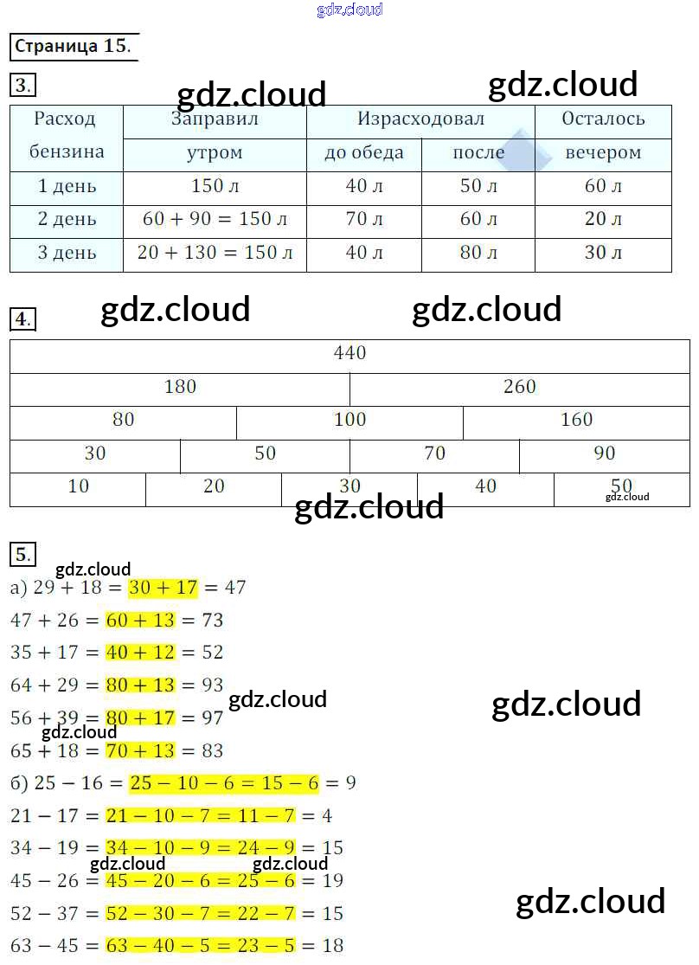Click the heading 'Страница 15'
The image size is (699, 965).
74,46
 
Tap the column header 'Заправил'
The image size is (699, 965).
215,119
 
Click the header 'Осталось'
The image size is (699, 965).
603,119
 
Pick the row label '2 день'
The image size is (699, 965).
67,219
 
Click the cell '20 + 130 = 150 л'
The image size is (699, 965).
215,253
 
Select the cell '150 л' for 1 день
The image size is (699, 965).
215,186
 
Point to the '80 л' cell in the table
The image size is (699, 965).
478,253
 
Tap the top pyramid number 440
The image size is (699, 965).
349,353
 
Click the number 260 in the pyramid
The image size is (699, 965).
519,387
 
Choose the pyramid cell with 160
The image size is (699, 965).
576,420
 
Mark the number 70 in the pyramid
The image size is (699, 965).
434,453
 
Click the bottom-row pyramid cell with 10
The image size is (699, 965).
78,486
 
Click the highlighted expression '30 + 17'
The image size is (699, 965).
163,588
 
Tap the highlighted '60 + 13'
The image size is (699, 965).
140,621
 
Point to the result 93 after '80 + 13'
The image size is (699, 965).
212,685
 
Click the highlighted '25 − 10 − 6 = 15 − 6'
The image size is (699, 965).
223,783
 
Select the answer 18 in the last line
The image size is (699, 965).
332,946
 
